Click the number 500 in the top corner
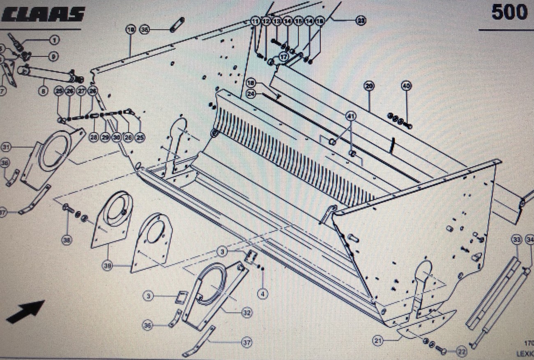509,12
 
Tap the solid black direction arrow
25,312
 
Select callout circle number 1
54,40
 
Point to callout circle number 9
54,56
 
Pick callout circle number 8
44,91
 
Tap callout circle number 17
283,58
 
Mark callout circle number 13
277,21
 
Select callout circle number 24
251,94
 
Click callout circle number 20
369,86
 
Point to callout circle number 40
406,86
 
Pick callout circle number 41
350,116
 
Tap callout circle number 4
262,293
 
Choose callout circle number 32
246,313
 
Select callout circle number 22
461,352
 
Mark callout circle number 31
6,147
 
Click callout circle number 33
516,240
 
